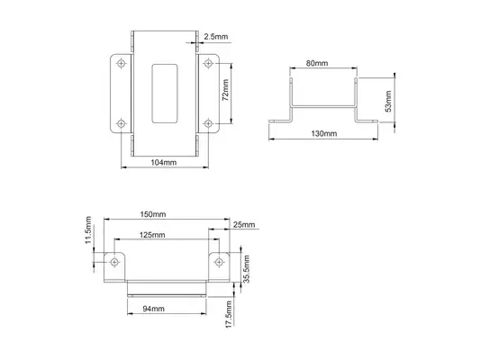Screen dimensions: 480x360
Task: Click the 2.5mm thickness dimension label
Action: coord(216,37)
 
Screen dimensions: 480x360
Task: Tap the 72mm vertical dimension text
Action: coord(225,90)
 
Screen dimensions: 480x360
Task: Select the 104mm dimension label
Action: coord(164,162)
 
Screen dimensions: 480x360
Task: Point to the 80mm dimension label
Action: coord(317,63)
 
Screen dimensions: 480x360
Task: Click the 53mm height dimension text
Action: coord(388,101)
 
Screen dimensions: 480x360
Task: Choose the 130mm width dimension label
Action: coord(324,133)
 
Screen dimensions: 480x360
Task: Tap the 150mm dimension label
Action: coord(153,214)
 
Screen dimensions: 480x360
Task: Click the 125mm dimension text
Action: coord(152,235)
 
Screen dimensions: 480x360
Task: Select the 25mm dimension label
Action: coord(244,224)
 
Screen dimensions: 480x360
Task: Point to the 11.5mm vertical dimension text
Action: coord(88,230)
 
